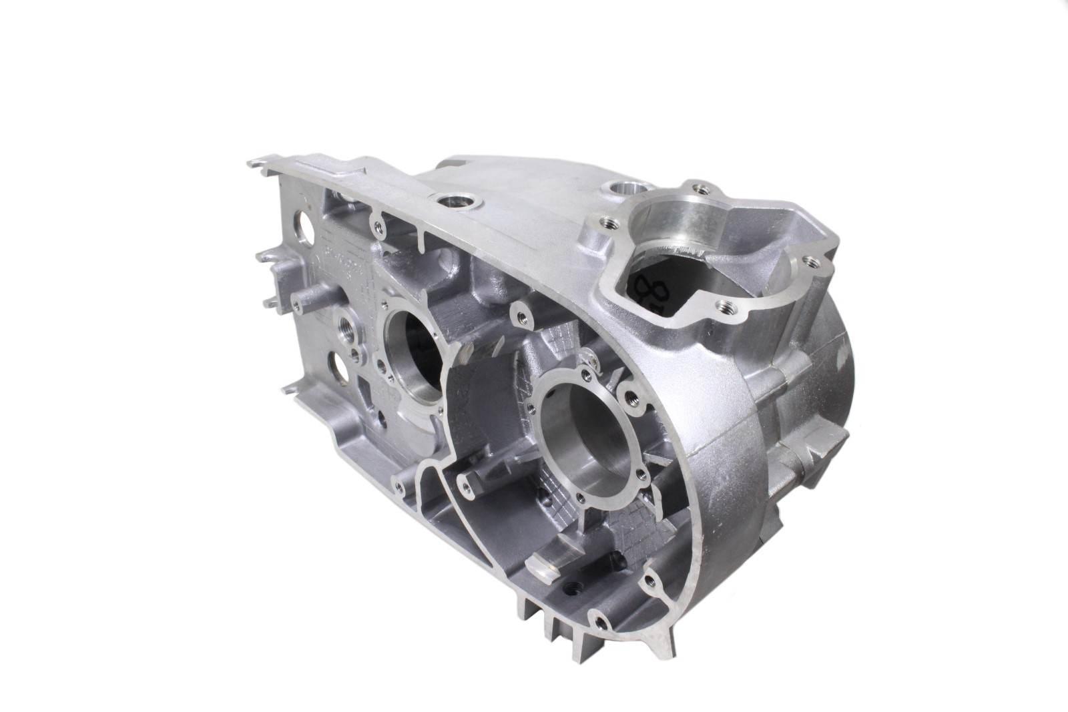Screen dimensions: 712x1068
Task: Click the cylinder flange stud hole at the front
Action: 724,306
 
